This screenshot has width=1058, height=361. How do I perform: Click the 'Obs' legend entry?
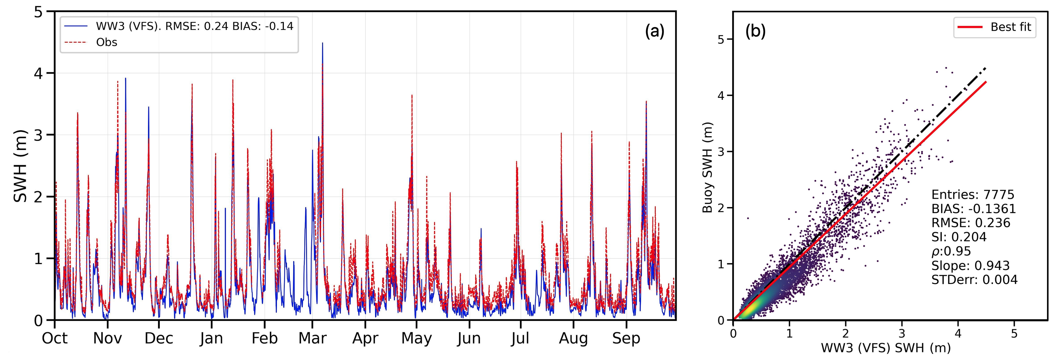[106, 42]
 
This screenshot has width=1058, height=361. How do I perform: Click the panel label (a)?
[654, 31]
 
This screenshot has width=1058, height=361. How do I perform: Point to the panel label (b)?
[755, 31]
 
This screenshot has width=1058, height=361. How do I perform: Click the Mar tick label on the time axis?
[312, 339]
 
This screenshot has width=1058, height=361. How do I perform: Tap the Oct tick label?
[55, 339]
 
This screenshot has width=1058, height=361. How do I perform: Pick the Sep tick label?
[626, 339]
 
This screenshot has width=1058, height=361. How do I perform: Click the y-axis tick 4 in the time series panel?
[38, 73]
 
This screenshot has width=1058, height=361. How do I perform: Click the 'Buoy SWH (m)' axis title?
[708, 167]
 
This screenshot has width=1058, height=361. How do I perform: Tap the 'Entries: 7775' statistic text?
[972, 195]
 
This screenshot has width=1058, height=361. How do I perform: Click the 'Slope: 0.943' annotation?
[970, 266]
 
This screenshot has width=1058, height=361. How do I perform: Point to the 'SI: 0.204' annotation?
[959, 237]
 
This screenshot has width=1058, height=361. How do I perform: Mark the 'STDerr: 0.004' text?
[974, 280]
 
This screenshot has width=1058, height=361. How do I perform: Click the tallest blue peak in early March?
[322, 43]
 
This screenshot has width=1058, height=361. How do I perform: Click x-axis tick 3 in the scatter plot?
[901, 333]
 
